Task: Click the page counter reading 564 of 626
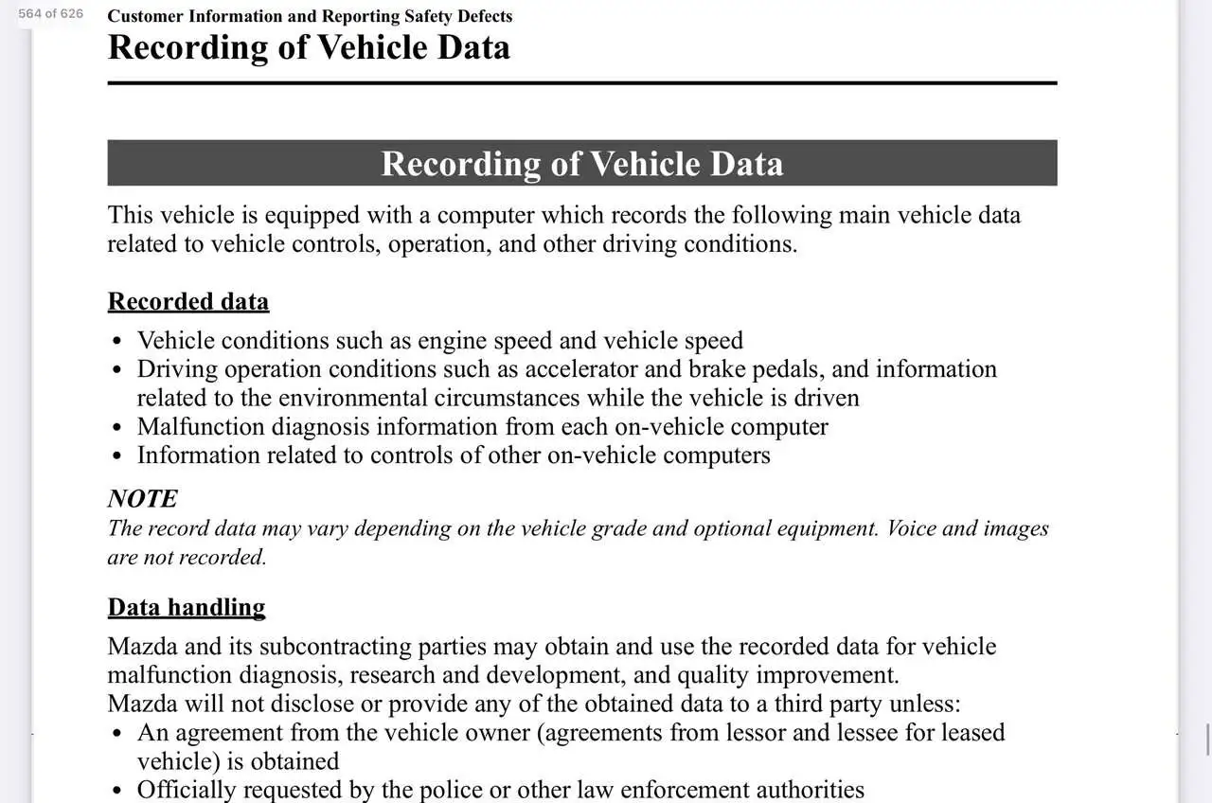(x=50, y=13)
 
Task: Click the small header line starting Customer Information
(x=310, y=16)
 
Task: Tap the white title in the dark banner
(x=581, y=164)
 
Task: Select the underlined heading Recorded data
(x=187, y=301)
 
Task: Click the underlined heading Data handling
(x=186, y=607)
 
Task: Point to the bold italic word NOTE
(x=142, y=499)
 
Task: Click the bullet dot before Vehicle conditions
(x=116, y=342)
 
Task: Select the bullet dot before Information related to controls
(x=116, y=456)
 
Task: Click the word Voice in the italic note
(x=912, y=528)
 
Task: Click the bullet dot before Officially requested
(x=116, y=791)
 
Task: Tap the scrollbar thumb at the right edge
(x=1206, y=740)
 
